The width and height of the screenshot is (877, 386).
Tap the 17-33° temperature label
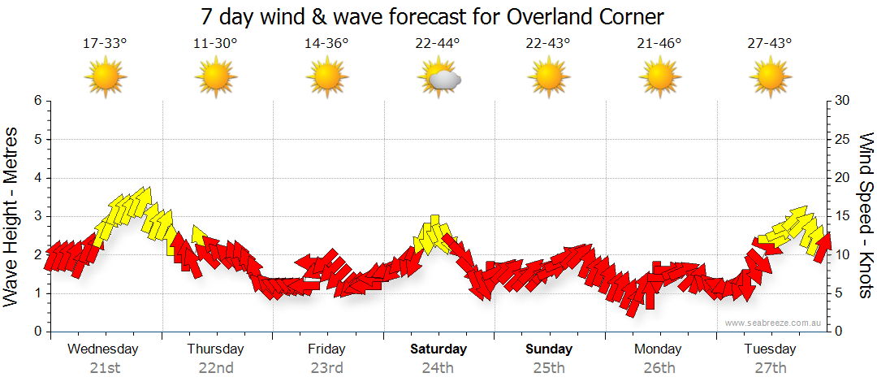click(105, 44)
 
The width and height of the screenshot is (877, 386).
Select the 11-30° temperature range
click(215, 44)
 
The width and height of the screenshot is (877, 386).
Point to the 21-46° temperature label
click(659, 44)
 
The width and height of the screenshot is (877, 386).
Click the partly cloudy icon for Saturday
click(438, 78)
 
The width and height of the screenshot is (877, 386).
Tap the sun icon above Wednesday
click(105, 78)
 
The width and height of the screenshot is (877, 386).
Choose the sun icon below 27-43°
click(770, 78)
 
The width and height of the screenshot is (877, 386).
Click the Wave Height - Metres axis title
click(13, 215)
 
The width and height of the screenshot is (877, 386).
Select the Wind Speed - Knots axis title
click(865, 215)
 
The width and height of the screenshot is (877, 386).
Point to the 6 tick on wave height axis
click(37, 101)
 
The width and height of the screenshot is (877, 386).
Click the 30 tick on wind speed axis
click(842, 101)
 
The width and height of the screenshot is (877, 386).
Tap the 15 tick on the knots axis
click(842, 216)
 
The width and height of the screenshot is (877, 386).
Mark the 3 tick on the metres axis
click(37, 216)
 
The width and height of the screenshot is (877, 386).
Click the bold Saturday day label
click(438, 349)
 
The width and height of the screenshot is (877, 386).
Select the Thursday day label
click(215, 349)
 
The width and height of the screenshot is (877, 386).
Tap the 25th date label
click(549, 368)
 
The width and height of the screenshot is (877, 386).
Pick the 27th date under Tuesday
click(770, 368)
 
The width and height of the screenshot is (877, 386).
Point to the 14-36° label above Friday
click(326, 44)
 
